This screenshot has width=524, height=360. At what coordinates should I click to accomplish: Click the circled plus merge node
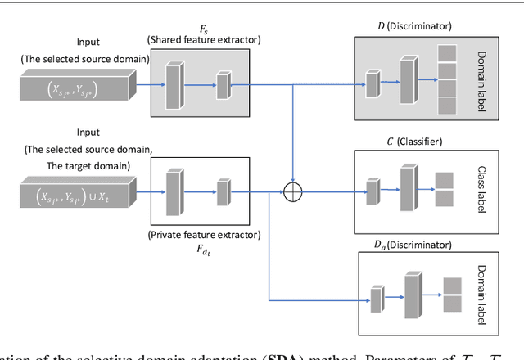coord(291,194)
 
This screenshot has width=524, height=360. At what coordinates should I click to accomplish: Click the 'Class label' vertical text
coord(481,191)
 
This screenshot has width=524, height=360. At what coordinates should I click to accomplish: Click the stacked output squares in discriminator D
coord(449,79)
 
